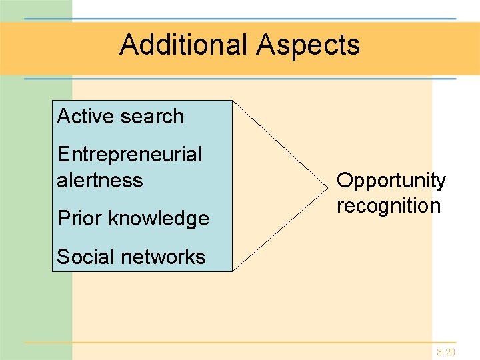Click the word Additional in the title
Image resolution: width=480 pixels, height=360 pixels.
point(183,45)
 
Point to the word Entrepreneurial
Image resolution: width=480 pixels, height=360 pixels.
point(129,155)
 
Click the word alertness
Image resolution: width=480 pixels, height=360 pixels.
point(100,180)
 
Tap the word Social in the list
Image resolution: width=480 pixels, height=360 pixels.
point(82,257)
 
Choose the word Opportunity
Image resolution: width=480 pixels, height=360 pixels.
point(391,181)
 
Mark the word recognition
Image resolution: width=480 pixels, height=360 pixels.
point(389,205)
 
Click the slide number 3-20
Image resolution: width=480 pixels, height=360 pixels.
point(446,351)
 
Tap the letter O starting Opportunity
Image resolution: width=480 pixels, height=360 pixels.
point(345,180)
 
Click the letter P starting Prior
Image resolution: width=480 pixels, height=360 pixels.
point(63,218)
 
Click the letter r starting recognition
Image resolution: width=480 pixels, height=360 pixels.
point(340,206)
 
